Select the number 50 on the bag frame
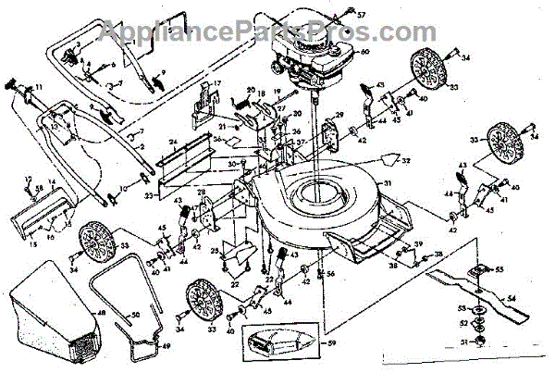138,317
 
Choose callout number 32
405,160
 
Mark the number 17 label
219,84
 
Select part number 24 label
172,143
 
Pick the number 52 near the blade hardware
463,324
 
